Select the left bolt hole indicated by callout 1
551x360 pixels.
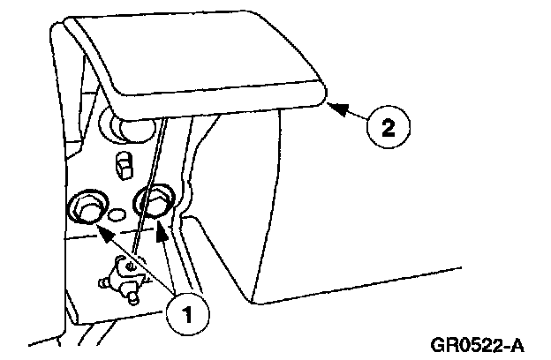[86, 208]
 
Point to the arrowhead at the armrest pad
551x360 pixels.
[331, 104]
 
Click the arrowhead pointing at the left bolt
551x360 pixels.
[100, 232]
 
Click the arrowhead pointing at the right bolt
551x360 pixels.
[162, 230]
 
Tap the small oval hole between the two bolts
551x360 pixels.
[117, 214]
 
